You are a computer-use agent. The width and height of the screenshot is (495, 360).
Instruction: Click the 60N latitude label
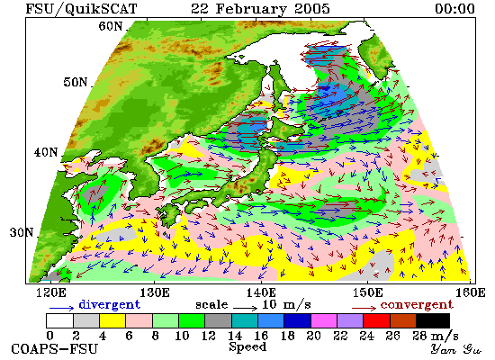pos(110,26)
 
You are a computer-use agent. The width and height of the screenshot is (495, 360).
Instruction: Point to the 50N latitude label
pos(75,82)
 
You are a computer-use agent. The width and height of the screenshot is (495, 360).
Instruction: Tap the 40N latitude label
pos(46,152)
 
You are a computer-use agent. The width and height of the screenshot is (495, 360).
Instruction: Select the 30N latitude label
pos(22,233)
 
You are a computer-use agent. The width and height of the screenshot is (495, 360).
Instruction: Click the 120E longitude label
pos(51,293)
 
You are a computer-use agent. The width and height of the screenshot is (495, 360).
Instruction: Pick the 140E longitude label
pos(261,293)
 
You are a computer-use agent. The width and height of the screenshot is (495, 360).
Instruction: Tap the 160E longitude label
pos(471,293)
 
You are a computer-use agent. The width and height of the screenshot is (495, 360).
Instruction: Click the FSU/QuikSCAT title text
pos(81,8)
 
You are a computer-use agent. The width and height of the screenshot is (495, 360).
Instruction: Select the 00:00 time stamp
pos(454,8)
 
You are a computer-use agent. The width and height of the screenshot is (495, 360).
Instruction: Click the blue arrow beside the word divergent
pos(61,308)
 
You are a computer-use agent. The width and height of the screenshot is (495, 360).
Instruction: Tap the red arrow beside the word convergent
pos(364,308)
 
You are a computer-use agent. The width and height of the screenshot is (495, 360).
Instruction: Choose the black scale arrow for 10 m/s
pos(246,308)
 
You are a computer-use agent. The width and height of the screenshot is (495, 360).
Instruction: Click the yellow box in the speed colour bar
pos(112,320)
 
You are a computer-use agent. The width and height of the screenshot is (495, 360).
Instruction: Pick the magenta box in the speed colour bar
pos(324,320)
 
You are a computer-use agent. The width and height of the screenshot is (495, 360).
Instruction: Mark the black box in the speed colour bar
pos(433,320)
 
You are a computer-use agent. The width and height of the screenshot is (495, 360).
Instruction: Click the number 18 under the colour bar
pos(287,336)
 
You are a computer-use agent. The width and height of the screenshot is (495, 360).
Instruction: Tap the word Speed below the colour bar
pos(247,346)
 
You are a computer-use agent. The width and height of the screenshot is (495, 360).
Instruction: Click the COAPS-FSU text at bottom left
pos(55,349)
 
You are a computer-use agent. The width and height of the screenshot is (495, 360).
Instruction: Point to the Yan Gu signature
pos(456,349)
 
